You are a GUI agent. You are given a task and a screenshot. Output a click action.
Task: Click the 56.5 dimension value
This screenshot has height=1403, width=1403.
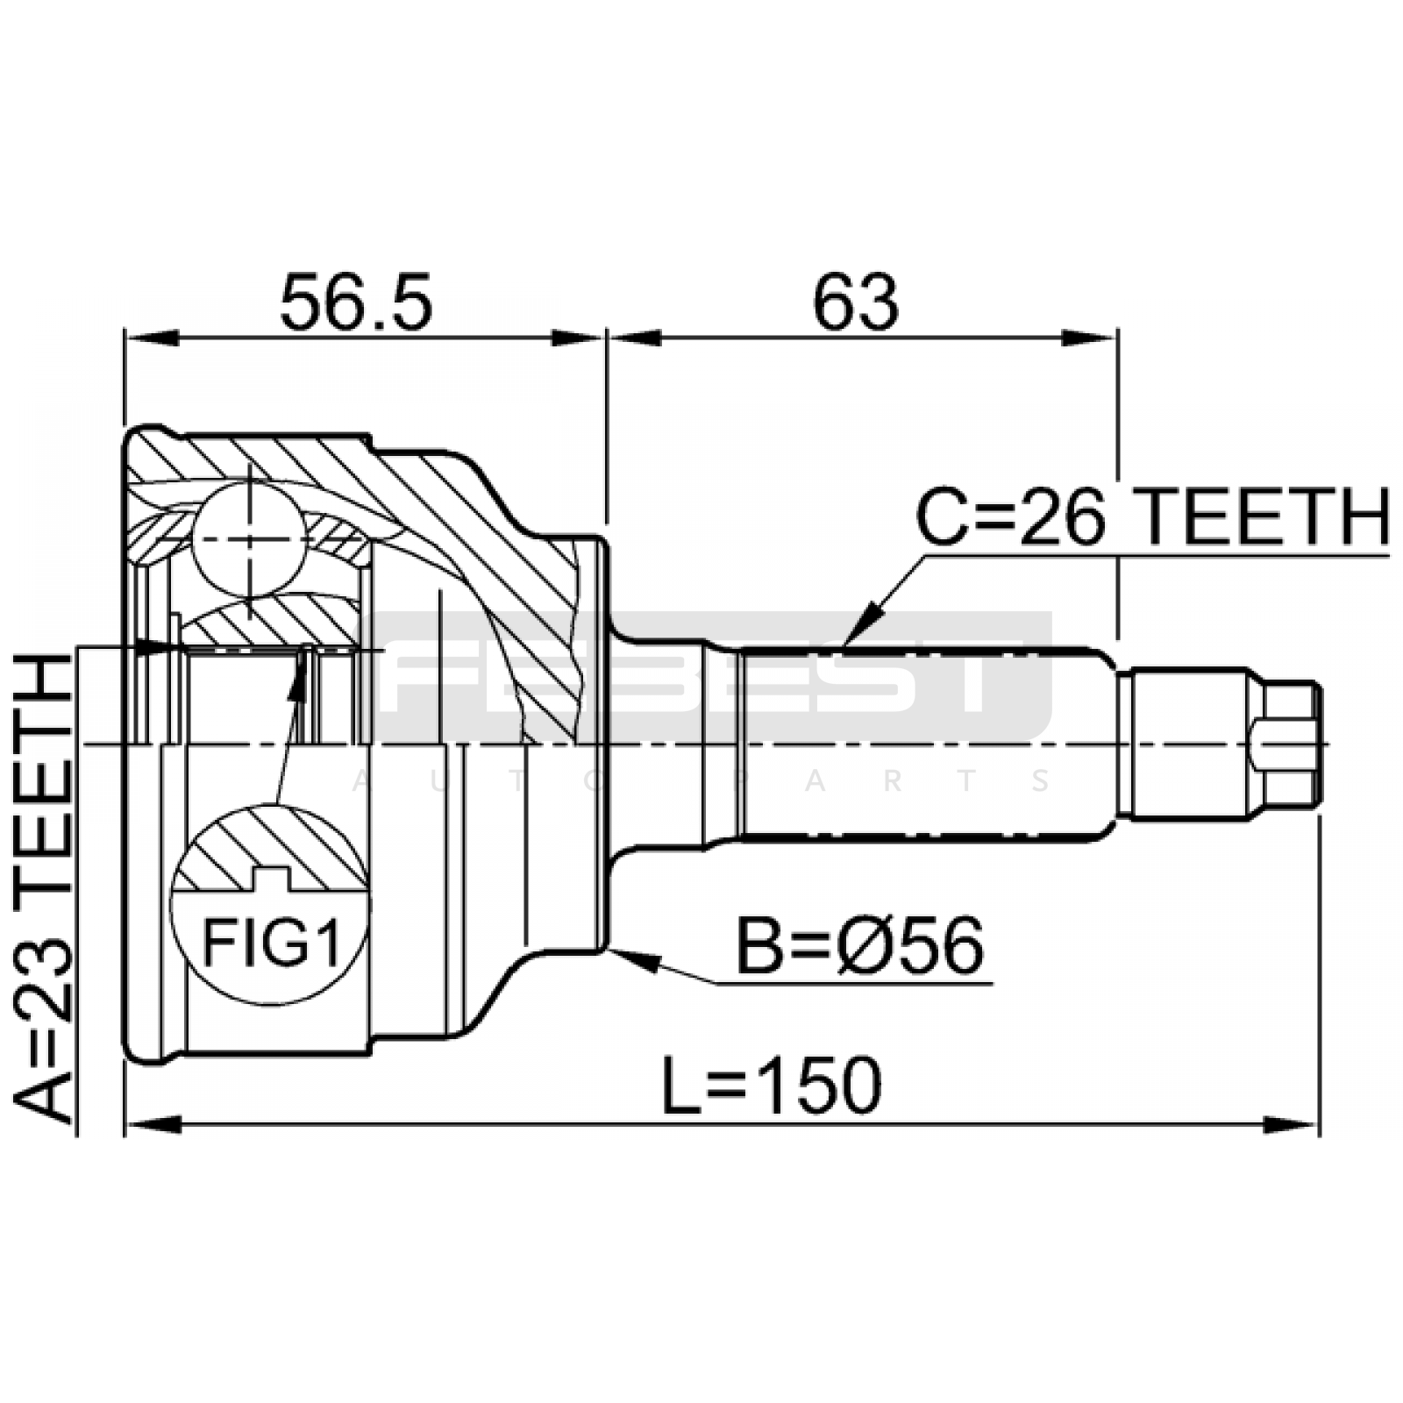point(356,303)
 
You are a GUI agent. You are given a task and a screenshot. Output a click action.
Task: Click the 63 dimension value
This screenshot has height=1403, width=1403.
point(856,303)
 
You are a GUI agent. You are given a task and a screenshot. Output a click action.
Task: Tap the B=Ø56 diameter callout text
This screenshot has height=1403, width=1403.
point(860,947)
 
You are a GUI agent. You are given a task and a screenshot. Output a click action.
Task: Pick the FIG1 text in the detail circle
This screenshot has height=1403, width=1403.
point(272,943)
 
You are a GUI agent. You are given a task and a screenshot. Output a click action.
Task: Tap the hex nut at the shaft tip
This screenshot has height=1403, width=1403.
point(1285,744)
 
